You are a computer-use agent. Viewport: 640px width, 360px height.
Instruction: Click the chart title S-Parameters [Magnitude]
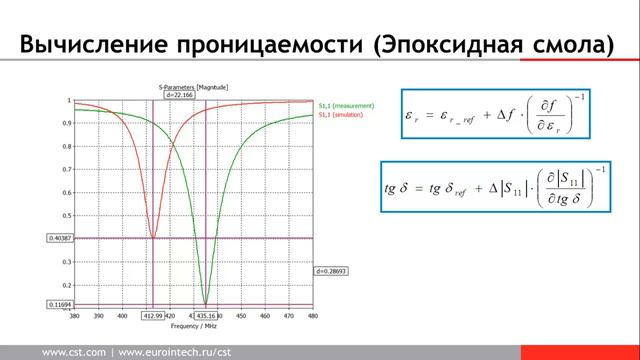pos(194,88)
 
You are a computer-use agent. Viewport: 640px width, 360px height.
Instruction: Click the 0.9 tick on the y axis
pos(67,123)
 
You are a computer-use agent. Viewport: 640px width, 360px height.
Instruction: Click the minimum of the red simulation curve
pos(153,237)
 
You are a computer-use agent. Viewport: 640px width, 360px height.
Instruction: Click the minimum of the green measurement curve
pos(206,303)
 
